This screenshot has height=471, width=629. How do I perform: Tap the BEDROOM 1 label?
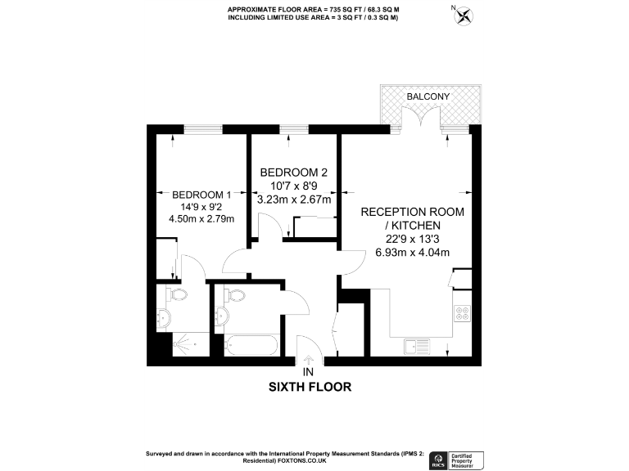tap(202, 195)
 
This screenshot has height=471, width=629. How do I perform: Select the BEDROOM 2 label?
tap(294, 173)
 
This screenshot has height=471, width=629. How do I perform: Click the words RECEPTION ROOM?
tap(413, 212)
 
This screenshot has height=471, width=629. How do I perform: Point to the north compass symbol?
tap(464, 14)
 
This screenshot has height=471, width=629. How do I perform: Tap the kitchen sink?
tap(417, 348)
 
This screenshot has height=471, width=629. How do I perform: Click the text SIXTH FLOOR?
tap(310, 387)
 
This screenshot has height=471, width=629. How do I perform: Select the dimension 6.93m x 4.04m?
tap(413, 252)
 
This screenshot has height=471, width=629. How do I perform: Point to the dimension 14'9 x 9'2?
tap(201, 207)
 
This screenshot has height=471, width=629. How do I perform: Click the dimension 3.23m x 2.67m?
tap(294, 199)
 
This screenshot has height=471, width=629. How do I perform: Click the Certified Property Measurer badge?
tap(468, 459)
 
